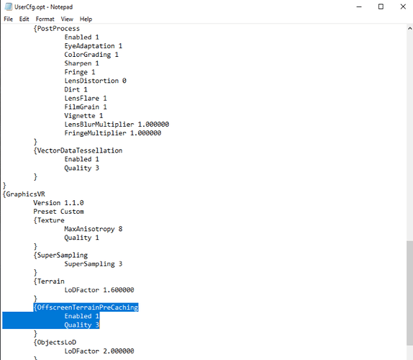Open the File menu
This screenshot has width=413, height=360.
pos(8,19)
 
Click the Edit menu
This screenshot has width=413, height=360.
pos(24,19)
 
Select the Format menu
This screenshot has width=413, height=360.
pos(45,19)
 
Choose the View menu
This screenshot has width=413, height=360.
pos(67,19)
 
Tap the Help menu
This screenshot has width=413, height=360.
pos(86,19)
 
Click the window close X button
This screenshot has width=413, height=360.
pos(403,6)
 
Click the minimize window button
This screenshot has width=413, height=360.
pos(359,7)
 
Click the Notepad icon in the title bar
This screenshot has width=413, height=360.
pos(9,7)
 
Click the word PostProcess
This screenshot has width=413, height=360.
pos(58,29)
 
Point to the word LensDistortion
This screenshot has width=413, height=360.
pos(91,81)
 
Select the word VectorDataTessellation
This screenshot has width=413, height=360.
pos(80,150)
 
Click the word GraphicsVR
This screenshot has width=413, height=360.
pos(25,194)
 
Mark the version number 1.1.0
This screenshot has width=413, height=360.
pos(74,203)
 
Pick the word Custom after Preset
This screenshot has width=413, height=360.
pos(72,212)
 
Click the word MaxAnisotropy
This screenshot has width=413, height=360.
pos(89,229)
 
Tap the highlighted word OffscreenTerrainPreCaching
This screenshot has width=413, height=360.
pos(88,307)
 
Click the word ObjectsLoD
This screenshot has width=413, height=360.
pos(57,342)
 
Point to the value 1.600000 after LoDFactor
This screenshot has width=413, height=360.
pos(119,290)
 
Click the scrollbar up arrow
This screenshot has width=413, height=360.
pos(409,28)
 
